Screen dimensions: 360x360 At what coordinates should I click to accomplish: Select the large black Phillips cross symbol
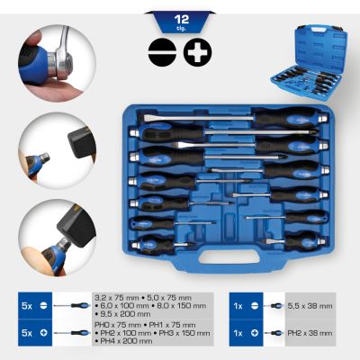195,51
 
